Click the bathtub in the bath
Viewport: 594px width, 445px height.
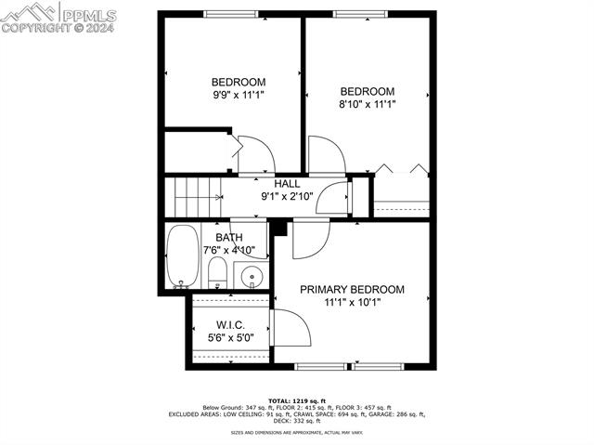pyautogui.click(x=182, y=255)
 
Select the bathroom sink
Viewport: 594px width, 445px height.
pyautogui.click(x=251, y=275)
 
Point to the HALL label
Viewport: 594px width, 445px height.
pyautogui.click(x=286, y=184)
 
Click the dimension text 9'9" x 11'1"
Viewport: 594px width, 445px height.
pyautogui.click(x=239, y=95)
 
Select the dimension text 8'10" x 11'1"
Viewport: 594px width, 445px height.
pyautogui.click(x=367, y=104)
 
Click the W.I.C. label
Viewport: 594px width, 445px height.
pyautogui.click(x=229, y=325)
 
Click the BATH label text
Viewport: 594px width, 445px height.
pyautogui.click(x=229, y=238)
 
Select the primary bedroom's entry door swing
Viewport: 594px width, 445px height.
pyautogui.click(x=309, y=239)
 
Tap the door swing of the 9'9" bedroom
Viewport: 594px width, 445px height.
pyautogui.click(x=253, y=155)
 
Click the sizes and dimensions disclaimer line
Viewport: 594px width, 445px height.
pyautogui.click(x=297, y=433)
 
